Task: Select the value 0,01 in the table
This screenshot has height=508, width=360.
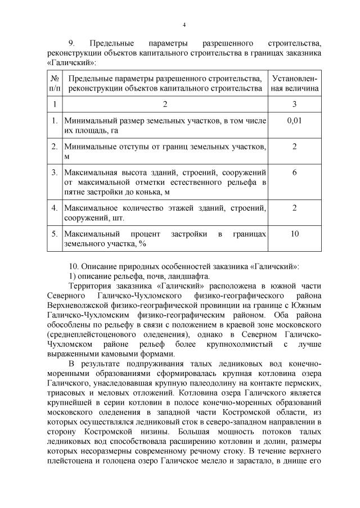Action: point(295,120)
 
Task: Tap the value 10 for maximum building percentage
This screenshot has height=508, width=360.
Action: point(295,233)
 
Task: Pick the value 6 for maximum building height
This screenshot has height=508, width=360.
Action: point(295,172)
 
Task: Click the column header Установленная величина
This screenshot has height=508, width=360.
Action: point(295,83)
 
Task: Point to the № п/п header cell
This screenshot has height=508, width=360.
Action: point(55,83)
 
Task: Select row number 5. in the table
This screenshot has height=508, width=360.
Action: point(55,233)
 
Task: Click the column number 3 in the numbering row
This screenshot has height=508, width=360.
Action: point(295,104)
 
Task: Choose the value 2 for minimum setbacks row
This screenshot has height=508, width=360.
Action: point(295,146)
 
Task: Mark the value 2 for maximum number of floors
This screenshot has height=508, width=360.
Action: point(295,207)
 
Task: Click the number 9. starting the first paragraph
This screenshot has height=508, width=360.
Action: point(71,43)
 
